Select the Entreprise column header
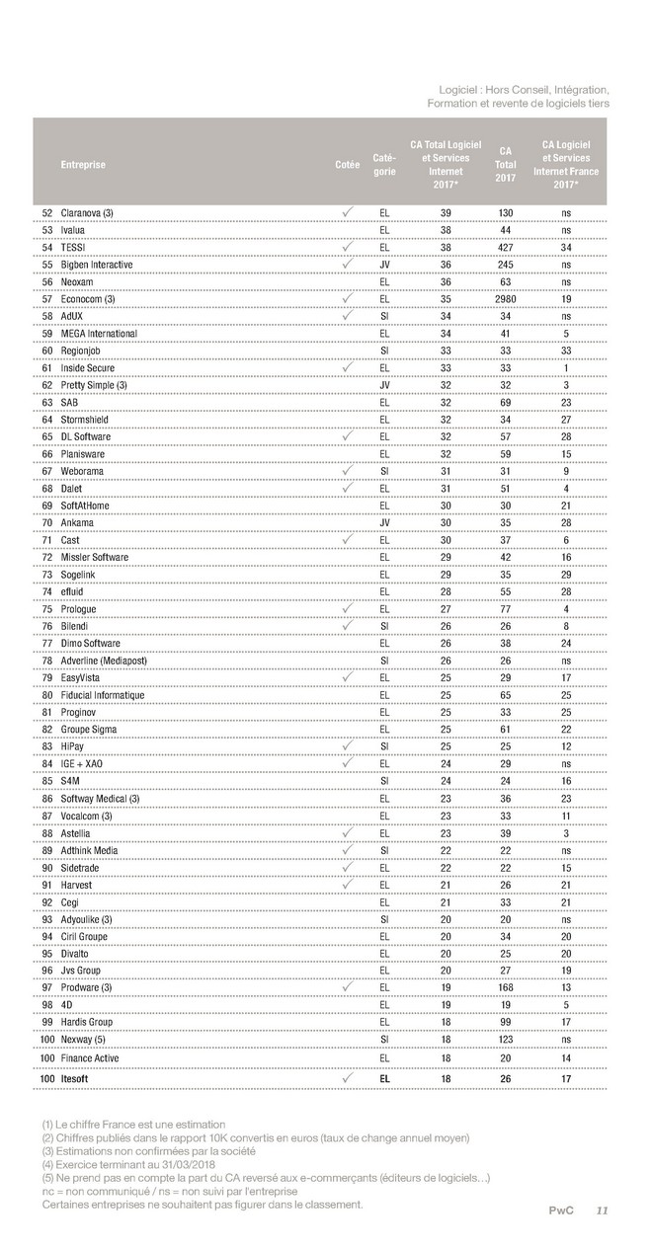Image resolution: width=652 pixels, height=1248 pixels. coord(83,165)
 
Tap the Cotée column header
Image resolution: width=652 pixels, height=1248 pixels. coord(347,165)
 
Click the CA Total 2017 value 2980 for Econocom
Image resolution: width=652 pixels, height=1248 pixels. coord(505,299)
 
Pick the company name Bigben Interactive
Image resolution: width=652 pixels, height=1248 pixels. coord(97,265)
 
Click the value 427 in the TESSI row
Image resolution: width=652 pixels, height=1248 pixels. coord(505,248)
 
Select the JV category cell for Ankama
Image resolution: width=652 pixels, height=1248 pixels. coord(384,523)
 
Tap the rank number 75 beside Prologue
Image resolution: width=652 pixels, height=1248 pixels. coord(46,609)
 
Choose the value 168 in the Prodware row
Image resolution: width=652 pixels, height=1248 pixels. coord(505,987)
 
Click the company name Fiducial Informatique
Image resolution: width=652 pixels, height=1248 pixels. coord(103,695)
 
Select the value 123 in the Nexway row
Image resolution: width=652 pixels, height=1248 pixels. coord(505,1039)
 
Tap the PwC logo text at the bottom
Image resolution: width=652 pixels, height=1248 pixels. coord(562,1210)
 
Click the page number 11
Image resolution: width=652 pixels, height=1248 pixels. coord(602,1210)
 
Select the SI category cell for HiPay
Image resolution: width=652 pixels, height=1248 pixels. coord(384,746)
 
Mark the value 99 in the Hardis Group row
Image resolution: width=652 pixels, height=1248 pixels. coord(505,1022)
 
